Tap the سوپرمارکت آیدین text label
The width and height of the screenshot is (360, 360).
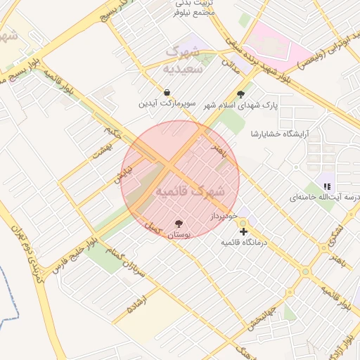coord(166,104)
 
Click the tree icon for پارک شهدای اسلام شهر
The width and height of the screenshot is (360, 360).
coord(241,94)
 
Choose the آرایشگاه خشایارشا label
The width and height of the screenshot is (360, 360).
coord(284,134)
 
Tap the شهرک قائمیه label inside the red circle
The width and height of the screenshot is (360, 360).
coord(190,191)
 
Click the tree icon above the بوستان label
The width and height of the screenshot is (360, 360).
coord(179,224)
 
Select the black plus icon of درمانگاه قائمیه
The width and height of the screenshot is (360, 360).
coord(243,231)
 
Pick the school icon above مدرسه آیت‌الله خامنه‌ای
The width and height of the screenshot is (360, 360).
coord(326,186)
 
